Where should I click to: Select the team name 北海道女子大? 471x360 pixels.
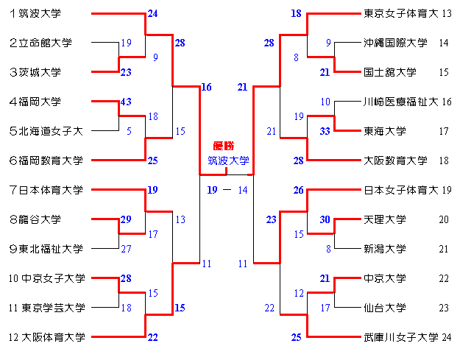[x=51, y=131]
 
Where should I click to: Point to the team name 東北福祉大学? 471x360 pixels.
[x=51, y=249]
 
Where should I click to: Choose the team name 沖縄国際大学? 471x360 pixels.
[x=395, y=43]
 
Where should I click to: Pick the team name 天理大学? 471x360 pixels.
[x=385, y=219]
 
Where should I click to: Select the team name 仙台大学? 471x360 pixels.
[x=385, y=308]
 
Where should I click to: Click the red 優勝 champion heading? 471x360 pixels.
[x=227, y=147]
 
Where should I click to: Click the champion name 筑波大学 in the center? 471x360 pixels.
[x=228, y=160]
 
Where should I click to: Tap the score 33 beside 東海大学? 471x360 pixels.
[x=325, y=131]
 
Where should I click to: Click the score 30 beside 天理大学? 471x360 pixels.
[x=325, y=219]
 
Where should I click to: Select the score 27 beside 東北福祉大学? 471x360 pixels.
[x=127, y=249]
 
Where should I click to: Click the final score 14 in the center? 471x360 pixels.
[x=243, y=190]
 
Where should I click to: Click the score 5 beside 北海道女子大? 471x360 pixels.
[x=129, y=131]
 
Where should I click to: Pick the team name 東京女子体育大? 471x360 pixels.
[x=401, y=13]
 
